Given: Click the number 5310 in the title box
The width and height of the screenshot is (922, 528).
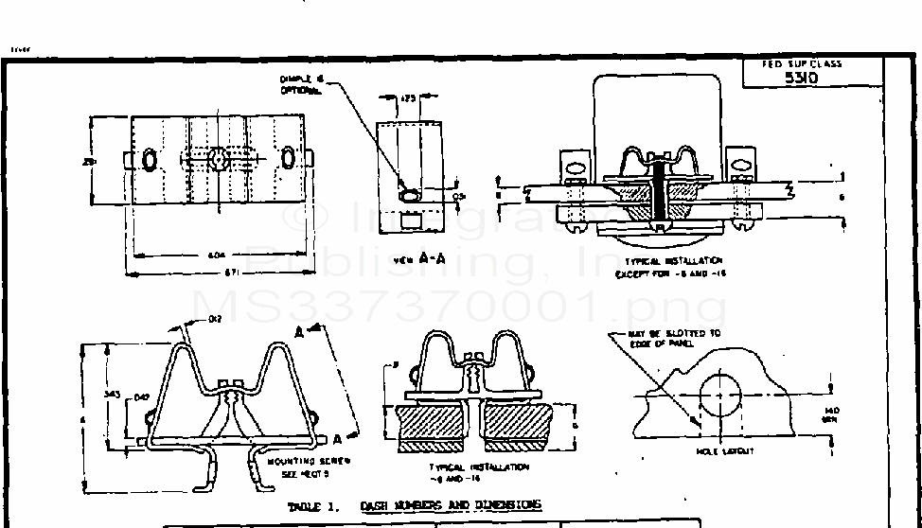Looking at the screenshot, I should click(801, 79).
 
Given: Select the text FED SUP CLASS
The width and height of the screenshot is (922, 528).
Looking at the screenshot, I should click(802, 64).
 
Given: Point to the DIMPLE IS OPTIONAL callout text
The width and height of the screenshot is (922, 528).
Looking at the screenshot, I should click(301, 84).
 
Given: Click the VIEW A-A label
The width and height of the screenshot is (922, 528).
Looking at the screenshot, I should click(413, 256).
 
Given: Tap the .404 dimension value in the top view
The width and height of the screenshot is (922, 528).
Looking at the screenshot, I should click(218, 255).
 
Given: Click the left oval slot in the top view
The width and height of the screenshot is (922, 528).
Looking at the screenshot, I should click(150, 160).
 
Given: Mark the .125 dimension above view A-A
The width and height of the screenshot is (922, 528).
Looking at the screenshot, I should click(409, 97).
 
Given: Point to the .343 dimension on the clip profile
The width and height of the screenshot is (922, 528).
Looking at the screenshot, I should click(112, 393).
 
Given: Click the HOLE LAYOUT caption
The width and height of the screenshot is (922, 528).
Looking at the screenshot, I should click(726, 451).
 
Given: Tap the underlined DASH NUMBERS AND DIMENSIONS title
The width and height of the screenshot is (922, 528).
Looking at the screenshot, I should click(451, 505).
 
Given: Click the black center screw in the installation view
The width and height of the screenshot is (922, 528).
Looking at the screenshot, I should click(659, 189).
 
